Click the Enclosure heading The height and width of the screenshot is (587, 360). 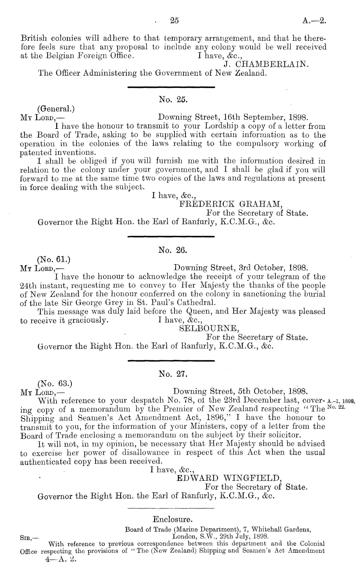[173, 520]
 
